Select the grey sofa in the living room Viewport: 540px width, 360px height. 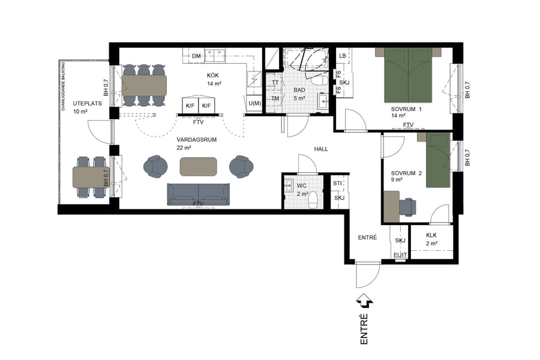click(x=198, y=194)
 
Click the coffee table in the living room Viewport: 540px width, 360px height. click(x=198, y=166)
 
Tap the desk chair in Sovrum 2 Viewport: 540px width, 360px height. click(x=408, y=206)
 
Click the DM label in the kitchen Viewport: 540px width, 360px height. click(x=196, y=56)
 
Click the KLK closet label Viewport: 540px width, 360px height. click(x=431, y=236)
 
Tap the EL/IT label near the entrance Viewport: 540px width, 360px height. click(x=400, y=256)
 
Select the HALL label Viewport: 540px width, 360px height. click(x=321, y=149)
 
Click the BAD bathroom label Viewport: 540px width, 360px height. click(x=299, y=90)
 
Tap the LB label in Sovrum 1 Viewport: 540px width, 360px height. click(x=342, y=56)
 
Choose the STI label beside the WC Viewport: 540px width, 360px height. click(x=338, y=183)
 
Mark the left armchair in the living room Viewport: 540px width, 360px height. click(x=156, y=166)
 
